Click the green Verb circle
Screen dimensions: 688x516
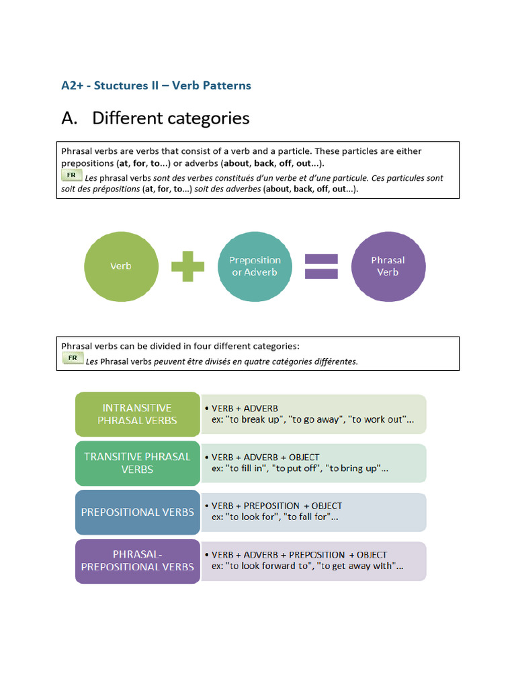tap(121, 266)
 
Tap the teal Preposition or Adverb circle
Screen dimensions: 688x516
tap(255, 266)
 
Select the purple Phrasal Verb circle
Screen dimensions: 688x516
tap(388, 266)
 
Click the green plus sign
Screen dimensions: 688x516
tap(187, 266)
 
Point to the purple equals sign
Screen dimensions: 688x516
tap(321, 266)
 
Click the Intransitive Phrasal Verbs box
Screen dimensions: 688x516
tap(137, 414)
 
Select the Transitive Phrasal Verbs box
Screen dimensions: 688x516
tap(137, 463)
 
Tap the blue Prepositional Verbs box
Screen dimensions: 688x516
tap(137, 512)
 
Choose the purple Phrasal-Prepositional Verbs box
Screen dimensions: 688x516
tap(137, 560)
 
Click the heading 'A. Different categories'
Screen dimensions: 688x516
tap(155, 118)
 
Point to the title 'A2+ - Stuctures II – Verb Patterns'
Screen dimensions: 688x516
tap(156, 85)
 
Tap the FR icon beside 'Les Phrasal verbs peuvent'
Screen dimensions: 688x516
tap(73, 358)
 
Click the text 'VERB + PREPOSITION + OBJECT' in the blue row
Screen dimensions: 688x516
tap(277, 506)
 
